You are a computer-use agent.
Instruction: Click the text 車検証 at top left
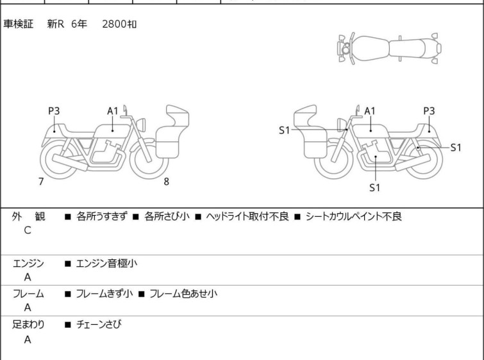(x=19, y=24)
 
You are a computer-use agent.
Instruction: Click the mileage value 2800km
(x=119, y=24)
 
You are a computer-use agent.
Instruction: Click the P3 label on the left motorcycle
(x=54, y=111)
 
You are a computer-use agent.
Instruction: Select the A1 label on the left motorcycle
(x=113, y=111)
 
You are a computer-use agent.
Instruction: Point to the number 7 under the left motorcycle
(x=41, y=182)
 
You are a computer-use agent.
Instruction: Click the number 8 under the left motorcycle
(x=166, y=182)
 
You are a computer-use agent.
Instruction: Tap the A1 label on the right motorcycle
(x=370, y=111)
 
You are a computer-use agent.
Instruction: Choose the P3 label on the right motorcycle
(x=429, y=111)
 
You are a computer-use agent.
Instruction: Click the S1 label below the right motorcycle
(x=375, y=188)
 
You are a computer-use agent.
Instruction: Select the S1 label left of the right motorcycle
(x=284, y=130)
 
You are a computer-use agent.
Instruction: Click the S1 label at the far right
(x=455, y=148)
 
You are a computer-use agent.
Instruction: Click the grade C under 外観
(x=27, y=230)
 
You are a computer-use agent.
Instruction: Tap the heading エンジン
(x=28, y=264)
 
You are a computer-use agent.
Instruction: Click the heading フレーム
(x=28, y=295)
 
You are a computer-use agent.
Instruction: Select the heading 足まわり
(x=28, y=325)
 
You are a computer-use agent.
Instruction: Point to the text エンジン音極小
(x=106, y=264)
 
